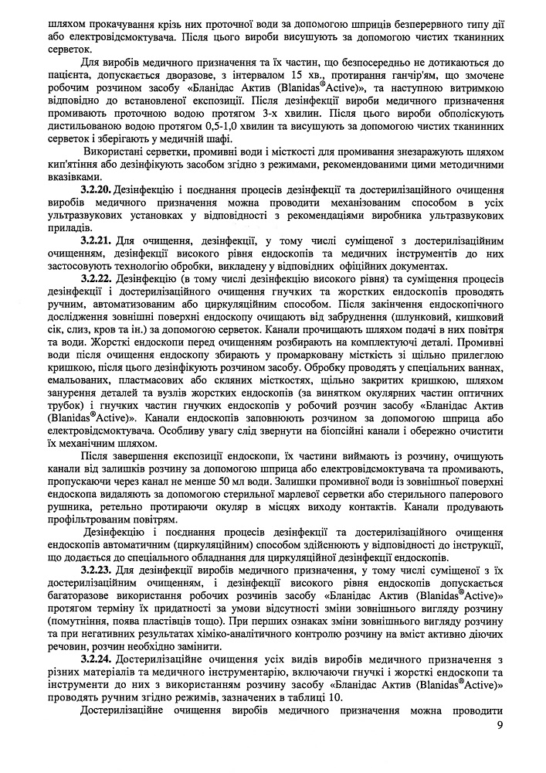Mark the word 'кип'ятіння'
[x=73, y=178]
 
